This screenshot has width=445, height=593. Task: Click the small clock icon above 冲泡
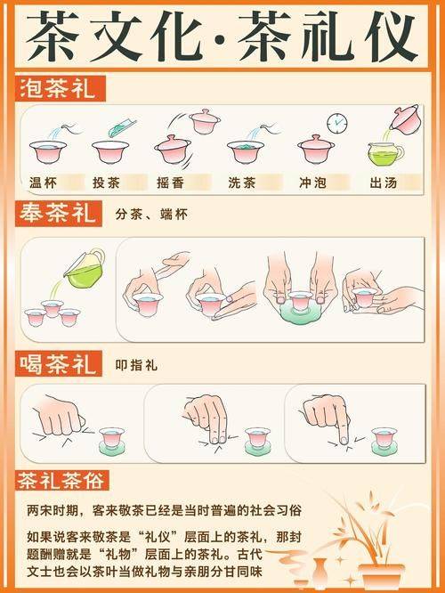coord(336,123)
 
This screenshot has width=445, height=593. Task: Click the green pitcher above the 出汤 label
coord(386,152)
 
